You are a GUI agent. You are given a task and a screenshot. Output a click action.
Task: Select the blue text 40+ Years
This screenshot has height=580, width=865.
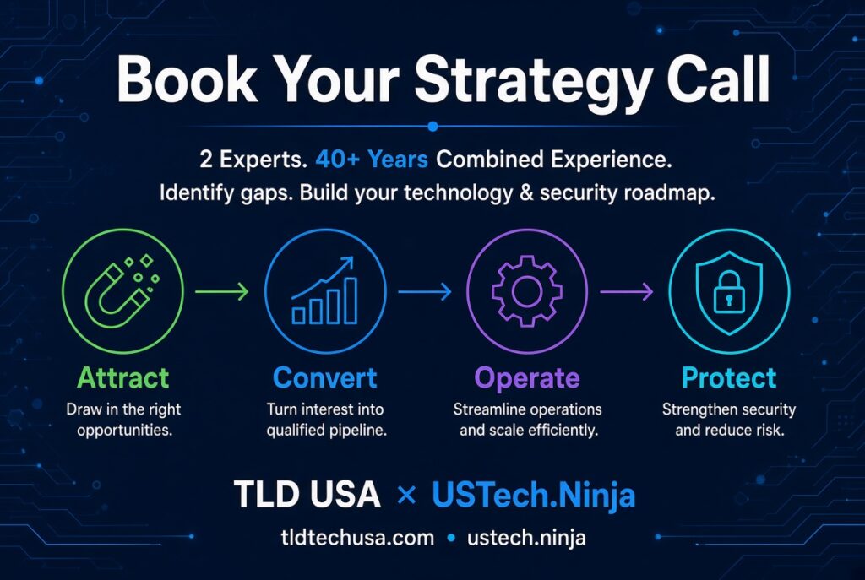372,160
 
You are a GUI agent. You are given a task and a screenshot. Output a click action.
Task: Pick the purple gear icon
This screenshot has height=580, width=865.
527,290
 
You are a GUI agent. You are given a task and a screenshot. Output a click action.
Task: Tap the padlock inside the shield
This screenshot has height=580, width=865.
729,292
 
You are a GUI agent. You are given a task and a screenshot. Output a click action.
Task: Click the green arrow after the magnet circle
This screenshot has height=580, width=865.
222,291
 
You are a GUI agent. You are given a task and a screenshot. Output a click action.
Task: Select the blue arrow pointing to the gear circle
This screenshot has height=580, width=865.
425,291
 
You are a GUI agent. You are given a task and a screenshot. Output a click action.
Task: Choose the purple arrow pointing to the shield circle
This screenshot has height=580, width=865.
627,291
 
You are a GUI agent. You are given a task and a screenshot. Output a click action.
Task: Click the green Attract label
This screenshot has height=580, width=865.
123,377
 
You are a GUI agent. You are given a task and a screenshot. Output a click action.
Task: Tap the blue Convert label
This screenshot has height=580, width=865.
325,377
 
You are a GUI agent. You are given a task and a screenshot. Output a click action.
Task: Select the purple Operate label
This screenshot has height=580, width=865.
527,379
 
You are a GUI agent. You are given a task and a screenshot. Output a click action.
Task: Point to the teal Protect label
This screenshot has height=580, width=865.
729,377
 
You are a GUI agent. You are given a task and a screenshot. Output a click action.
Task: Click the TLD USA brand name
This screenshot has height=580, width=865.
307,493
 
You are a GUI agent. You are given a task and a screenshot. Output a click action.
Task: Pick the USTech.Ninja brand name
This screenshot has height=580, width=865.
534,495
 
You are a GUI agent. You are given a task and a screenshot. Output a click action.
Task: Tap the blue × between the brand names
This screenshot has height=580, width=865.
406,495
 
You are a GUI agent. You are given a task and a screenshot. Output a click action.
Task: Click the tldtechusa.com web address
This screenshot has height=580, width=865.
357,538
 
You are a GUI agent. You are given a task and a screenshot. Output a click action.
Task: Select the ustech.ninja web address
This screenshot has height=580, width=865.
526,538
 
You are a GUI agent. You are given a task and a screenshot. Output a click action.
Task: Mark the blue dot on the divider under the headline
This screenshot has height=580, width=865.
433,127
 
